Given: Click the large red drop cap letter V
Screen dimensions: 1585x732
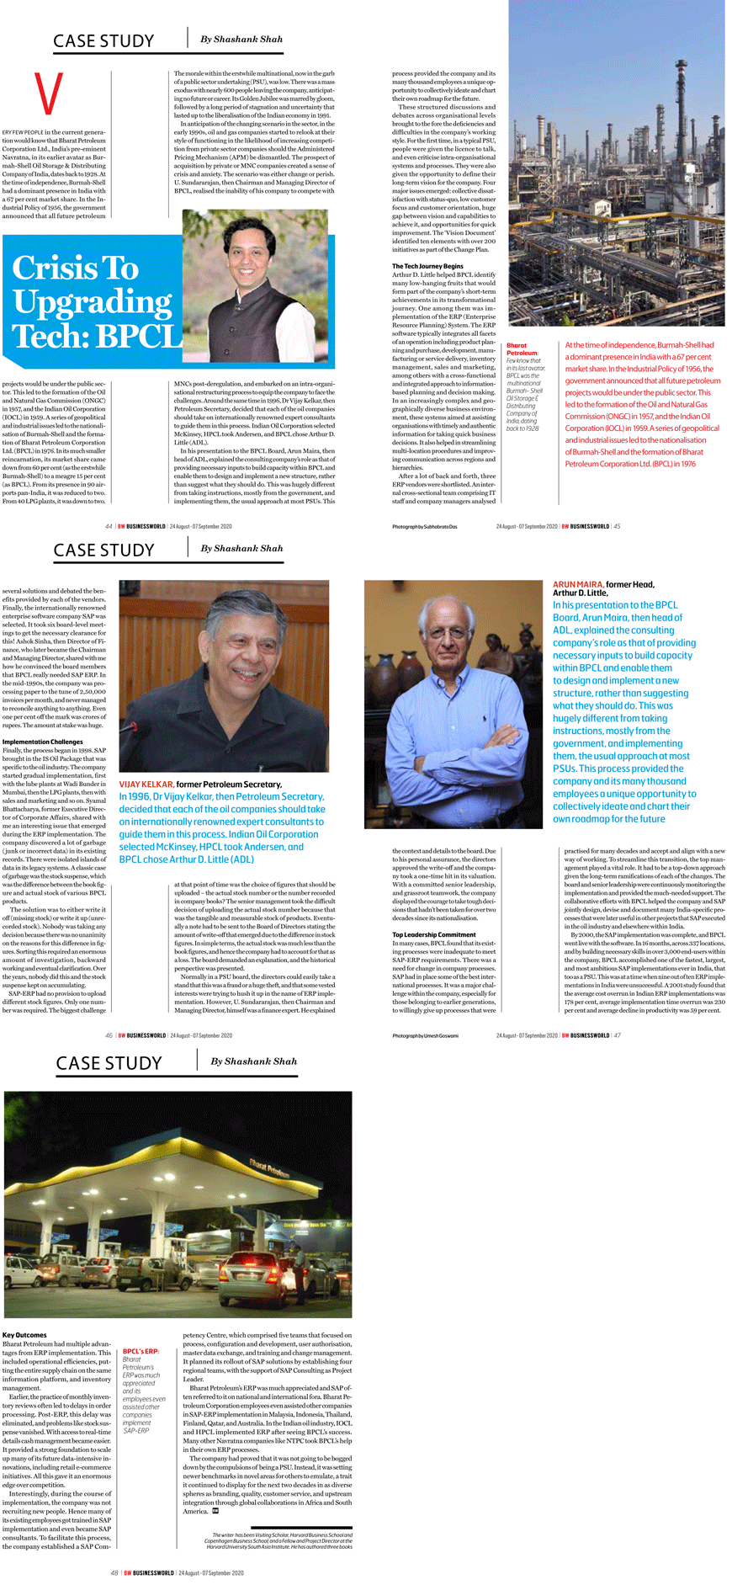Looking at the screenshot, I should (49, 94).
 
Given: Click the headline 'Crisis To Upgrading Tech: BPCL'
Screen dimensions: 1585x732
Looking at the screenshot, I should (94, 301).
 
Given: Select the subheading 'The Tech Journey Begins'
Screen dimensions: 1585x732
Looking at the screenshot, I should (427, 266).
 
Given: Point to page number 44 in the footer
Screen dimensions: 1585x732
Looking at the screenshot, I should (109, 526).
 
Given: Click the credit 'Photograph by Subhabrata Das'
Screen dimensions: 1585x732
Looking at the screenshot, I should (424, 526).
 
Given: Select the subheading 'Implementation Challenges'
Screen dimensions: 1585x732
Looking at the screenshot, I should (43, 742).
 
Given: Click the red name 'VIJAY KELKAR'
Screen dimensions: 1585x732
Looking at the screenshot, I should (146, 784).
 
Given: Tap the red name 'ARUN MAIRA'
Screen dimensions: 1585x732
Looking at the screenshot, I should (577, 584).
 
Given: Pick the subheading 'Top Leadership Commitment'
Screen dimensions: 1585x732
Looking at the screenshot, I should (433, 934).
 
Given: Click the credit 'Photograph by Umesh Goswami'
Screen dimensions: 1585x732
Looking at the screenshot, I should (426, 1035).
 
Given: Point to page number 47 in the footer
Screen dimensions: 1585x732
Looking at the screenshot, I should (618, 1035).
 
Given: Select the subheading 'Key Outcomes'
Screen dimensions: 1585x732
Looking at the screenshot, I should (24, 1335).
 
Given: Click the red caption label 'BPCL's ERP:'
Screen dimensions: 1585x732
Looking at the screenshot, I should (141, 1351).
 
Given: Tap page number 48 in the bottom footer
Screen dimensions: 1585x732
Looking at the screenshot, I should (114, 1572).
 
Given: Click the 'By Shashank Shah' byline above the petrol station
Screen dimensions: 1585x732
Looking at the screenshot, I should (253, 1061).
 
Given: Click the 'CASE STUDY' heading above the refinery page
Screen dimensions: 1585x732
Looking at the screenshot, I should (103, 41).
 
